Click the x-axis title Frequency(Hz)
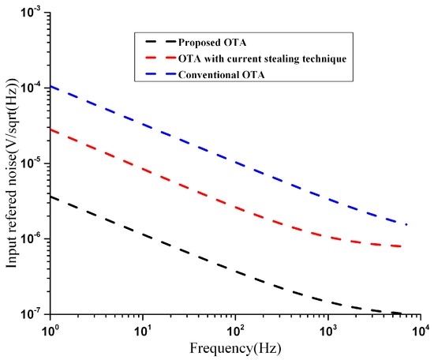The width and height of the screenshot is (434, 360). point(234,347)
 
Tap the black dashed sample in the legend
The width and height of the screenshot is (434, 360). point(155,40)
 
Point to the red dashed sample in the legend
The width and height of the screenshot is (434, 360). point(155,56)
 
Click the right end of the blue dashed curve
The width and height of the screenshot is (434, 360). point(406,225)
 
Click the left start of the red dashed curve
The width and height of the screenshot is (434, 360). point(51,129)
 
